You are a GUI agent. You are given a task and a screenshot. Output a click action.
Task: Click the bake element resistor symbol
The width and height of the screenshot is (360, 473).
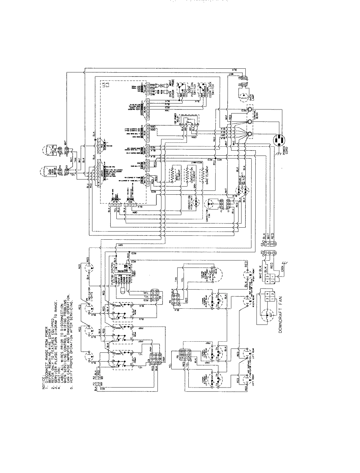click(203, 175)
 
